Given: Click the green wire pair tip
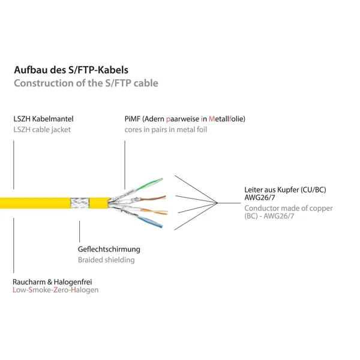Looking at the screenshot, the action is point(162,179).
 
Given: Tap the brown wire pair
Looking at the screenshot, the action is point(152,198).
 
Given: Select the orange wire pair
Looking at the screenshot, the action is point(154,211).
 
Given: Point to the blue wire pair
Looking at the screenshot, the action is point(150,223).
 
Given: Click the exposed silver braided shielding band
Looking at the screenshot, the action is point(79,203).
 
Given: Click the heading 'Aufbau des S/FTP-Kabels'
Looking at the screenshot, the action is point(71,70).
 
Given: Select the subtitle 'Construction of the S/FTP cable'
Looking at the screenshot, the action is point(86,83).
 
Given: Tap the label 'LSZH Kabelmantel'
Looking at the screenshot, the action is point(43,119).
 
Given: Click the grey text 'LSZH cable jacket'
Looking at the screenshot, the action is point(42,130).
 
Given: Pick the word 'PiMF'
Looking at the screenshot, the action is point(132,119).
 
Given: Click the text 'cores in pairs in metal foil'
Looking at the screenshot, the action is point(166,130).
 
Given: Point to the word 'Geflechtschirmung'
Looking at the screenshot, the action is point(109,250).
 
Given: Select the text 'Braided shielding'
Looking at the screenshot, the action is point(106,260).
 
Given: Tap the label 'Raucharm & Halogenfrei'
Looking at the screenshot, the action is point(52,282).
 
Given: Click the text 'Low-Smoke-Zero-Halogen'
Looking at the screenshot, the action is point(56,290).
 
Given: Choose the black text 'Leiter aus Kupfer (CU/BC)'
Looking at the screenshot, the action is point(285,190).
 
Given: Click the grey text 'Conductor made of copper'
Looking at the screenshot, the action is point(289,208).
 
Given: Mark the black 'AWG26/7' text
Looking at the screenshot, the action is point(260,197).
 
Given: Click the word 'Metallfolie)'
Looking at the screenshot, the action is point(227,119).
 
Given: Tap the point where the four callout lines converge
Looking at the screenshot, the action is point(217,203).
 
